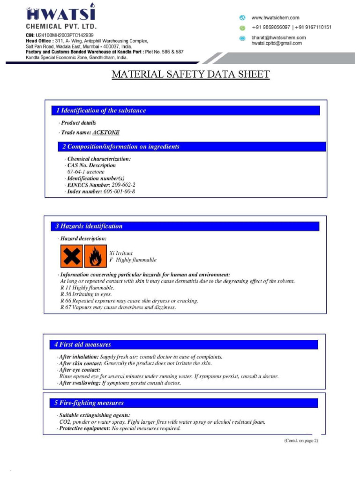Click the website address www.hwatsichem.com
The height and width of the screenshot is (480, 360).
coord(275,18)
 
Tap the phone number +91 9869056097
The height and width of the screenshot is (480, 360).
coord(270,27)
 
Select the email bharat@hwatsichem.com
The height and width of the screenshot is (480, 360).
coord(278,37)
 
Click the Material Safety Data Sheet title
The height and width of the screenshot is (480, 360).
coord(190,75)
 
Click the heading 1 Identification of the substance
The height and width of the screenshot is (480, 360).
coord(101,111)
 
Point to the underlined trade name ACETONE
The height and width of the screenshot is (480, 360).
coord(106,133)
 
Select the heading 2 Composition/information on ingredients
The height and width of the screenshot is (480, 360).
coord(121,147)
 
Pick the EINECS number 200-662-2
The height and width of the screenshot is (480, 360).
coord(123,185)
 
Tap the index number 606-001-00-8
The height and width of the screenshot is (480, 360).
coord(120,192)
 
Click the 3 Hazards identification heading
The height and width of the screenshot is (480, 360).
coord(89,226)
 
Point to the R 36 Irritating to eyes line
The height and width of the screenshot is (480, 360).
coord(86,294)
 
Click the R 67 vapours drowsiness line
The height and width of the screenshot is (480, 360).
coord(118,307)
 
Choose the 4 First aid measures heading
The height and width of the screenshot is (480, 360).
coord(82,345)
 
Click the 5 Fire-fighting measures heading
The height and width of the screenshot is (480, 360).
coord(89,403)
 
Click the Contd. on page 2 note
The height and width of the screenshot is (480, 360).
coord(301,441)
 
